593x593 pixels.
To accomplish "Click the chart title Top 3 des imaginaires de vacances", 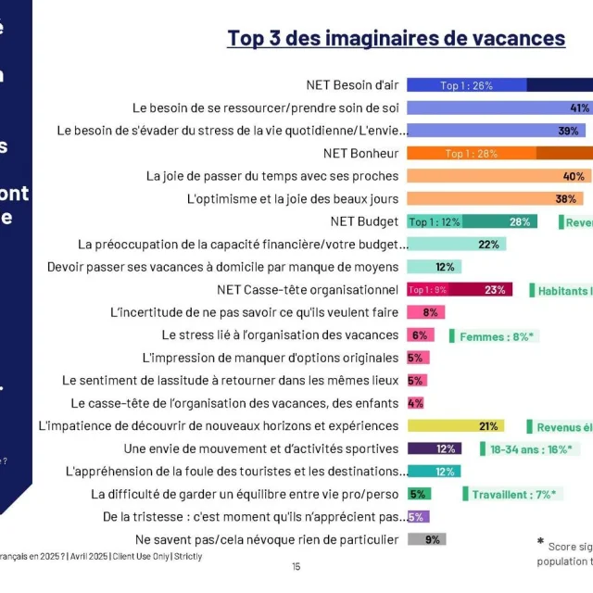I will pyautogui.click(x=396, y=38).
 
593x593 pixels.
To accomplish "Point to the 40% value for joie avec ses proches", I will pyautogui.click(x=574, y=176).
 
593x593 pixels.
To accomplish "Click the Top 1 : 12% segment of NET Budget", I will pyautogui.click(x=435, y=221).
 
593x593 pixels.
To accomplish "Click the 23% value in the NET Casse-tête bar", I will pyautogui.click(x=495, y=290).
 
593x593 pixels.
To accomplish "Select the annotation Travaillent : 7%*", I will pyautogui.click(x=512, y=494).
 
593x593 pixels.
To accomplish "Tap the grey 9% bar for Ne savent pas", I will pyautogui.click(x=426, y=539).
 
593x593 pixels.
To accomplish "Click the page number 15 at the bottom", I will pyautogui.click(x=296, y=566).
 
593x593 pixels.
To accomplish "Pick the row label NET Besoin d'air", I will pyautogui.click(x=352, y=85).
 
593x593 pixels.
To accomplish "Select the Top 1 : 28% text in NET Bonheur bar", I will pyautogui.click(x=472, y=154).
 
